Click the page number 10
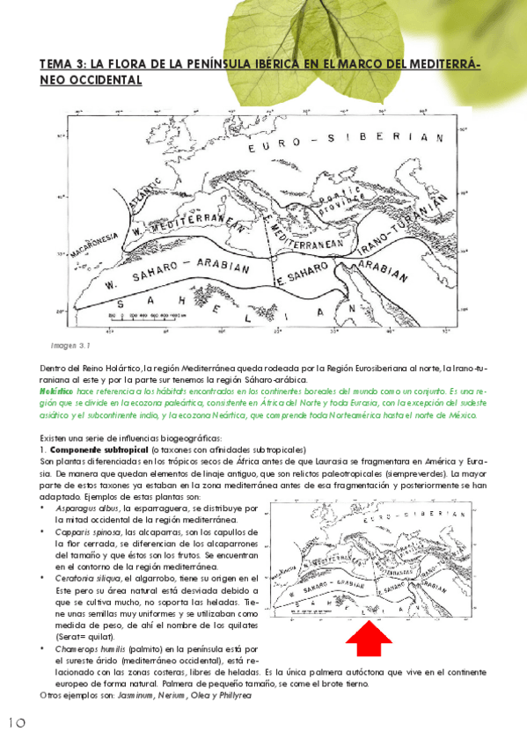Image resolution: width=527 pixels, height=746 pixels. pos(16,722)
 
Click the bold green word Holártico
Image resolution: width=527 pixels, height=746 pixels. pos(57,390)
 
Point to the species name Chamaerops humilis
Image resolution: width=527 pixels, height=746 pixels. pos(97,648)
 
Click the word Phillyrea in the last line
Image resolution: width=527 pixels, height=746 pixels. pos(232,695)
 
